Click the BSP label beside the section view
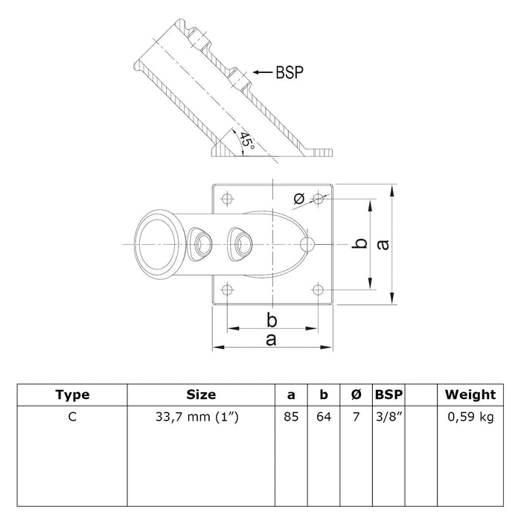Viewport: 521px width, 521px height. pyautogui.click(x=290, y=72)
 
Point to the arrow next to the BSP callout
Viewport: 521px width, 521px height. pyautogui.click(x=263, y=72)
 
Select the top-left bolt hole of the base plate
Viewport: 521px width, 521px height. pyautogui.click(x=227, y=199)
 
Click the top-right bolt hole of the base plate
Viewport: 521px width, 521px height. pyautogui.click(x=318, y=199)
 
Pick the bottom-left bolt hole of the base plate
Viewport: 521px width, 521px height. pyautogui.click(x=227, y=290)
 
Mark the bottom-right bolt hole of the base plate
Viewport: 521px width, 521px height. pyautogui.click(x=318, y=290)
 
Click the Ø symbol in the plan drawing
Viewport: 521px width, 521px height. pyautogui.click(x=299, y=199)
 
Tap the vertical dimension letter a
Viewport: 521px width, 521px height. pyautogui.click(x=383, y=245)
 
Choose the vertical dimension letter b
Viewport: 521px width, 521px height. pyautogui.click(x=359, y=243)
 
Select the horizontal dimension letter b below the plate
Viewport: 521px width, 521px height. pyautogui.click(x=272, y=321)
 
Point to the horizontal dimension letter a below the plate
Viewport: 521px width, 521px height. pyautogui.click(x=271, y=340)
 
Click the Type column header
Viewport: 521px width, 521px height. pyautogui.click(x=72, y=394)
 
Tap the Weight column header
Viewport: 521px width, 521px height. pyautogui.click(x=470, y=394)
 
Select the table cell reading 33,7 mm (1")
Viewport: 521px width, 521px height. pyautogui.click(x=197, y=417)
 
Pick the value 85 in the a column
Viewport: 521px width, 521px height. pyautogui.click(x=291, y=417)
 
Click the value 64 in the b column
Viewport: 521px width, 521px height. pyautogui.click(x=324, y=417)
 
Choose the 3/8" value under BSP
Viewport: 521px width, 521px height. pyautogui.click(x=389, y=416)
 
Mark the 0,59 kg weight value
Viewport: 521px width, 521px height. pyautogui.click(x=470, y=417)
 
